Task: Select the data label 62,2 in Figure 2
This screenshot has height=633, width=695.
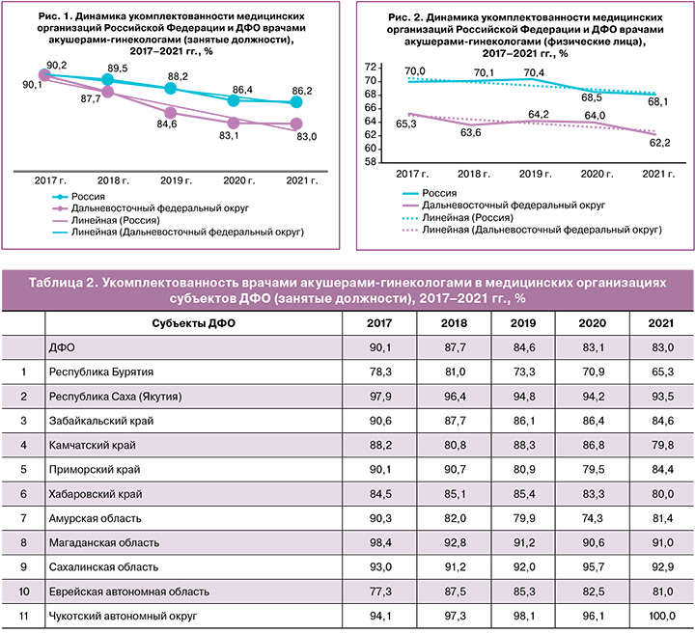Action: (657, 143)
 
